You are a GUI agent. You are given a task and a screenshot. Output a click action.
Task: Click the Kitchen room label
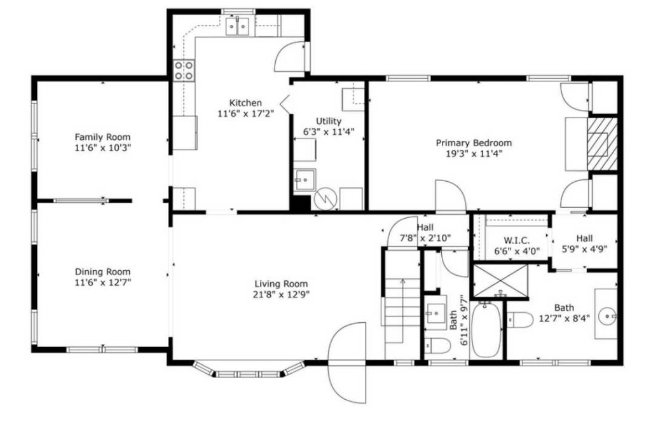(x=245, y=103)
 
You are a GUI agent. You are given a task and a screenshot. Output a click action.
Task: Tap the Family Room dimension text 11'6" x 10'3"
(x=102, y=147)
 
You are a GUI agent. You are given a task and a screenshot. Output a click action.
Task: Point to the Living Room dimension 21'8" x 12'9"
(x=281, y=294)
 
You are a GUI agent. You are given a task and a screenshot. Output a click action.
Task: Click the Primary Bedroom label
(x=473, y=143)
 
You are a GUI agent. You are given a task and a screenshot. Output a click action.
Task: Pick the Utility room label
(x=329, y=121)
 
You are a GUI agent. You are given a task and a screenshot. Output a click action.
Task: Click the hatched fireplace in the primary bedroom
(x=601, y=144)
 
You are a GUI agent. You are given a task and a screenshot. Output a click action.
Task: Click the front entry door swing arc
(x=347, y=362)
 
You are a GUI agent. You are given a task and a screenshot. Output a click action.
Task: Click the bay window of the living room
(x=249, y=369)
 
